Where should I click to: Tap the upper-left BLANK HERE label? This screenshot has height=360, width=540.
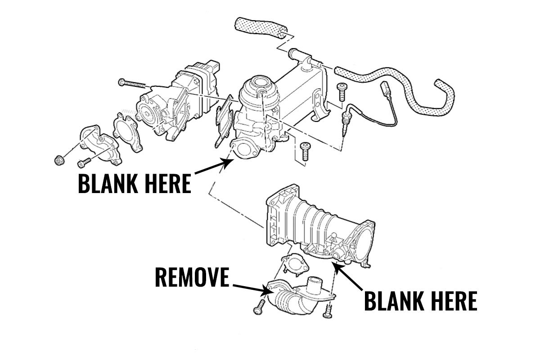pos(135,184)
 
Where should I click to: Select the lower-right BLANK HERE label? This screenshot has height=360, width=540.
pos(420,301)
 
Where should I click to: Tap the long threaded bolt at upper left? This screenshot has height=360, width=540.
pos(135,83)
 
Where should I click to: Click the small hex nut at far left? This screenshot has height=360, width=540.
pos(58,159)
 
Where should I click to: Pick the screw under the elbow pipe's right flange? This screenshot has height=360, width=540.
pos(328,310)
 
